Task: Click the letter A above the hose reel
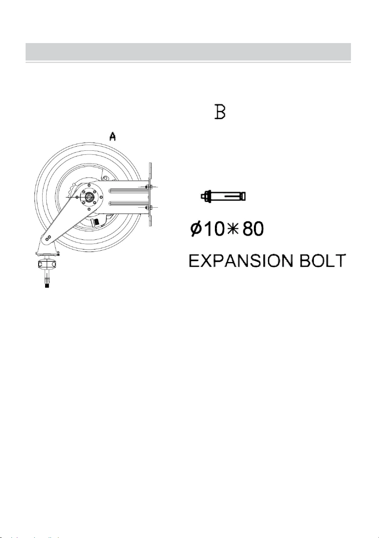point(113,137)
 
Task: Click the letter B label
point(220,112)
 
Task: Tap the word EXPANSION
point(241,260)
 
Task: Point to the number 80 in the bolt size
point(253,229)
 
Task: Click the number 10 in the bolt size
point(214,229)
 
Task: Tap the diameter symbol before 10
point(195,229)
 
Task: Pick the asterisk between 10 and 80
point(233,229)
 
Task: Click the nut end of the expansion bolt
point(206,196)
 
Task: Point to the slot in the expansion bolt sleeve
point(232,196)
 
